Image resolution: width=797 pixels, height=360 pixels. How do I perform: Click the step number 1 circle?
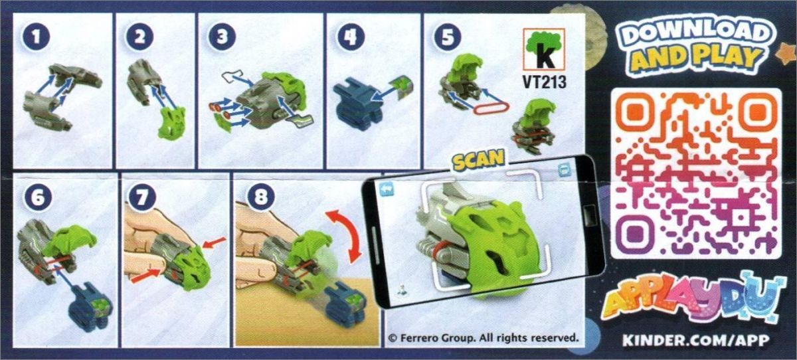(36, 37)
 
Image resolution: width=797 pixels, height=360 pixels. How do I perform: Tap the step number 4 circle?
(351, 37)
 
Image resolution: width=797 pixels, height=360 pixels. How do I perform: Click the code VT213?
(544, 82)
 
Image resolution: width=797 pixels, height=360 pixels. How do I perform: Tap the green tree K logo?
(544, 49)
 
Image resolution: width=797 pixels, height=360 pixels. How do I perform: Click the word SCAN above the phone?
(479, 160)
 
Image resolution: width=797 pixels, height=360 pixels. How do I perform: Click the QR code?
(696, 173)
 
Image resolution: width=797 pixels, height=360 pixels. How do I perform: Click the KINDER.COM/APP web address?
(695, 341)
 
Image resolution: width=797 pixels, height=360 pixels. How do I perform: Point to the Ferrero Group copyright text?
(484, 337)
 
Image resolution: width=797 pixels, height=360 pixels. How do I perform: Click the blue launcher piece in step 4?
(357, 105)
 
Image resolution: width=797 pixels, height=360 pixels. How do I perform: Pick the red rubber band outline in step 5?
(491, 108)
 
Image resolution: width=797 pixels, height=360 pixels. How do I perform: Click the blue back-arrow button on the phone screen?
(387, 189)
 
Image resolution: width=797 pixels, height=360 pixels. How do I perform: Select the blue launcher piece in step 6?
(91, 307)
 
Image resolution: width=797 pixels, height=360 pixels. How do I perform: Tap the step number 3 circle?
(222, 37)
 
